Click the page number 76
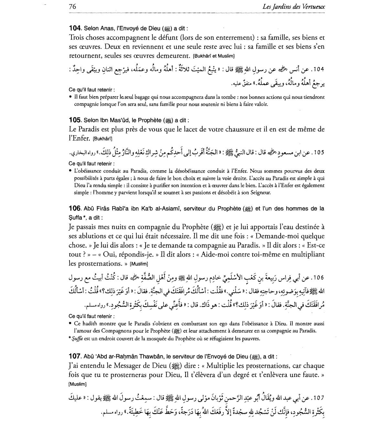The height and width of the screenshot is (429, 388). click(x=72, y=7)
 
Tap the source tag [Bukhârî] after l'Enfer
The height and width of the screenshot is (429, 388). click(x=102, y=139)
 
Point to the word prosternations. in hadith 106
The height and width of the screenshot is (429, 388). click(x=98, y=263)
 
